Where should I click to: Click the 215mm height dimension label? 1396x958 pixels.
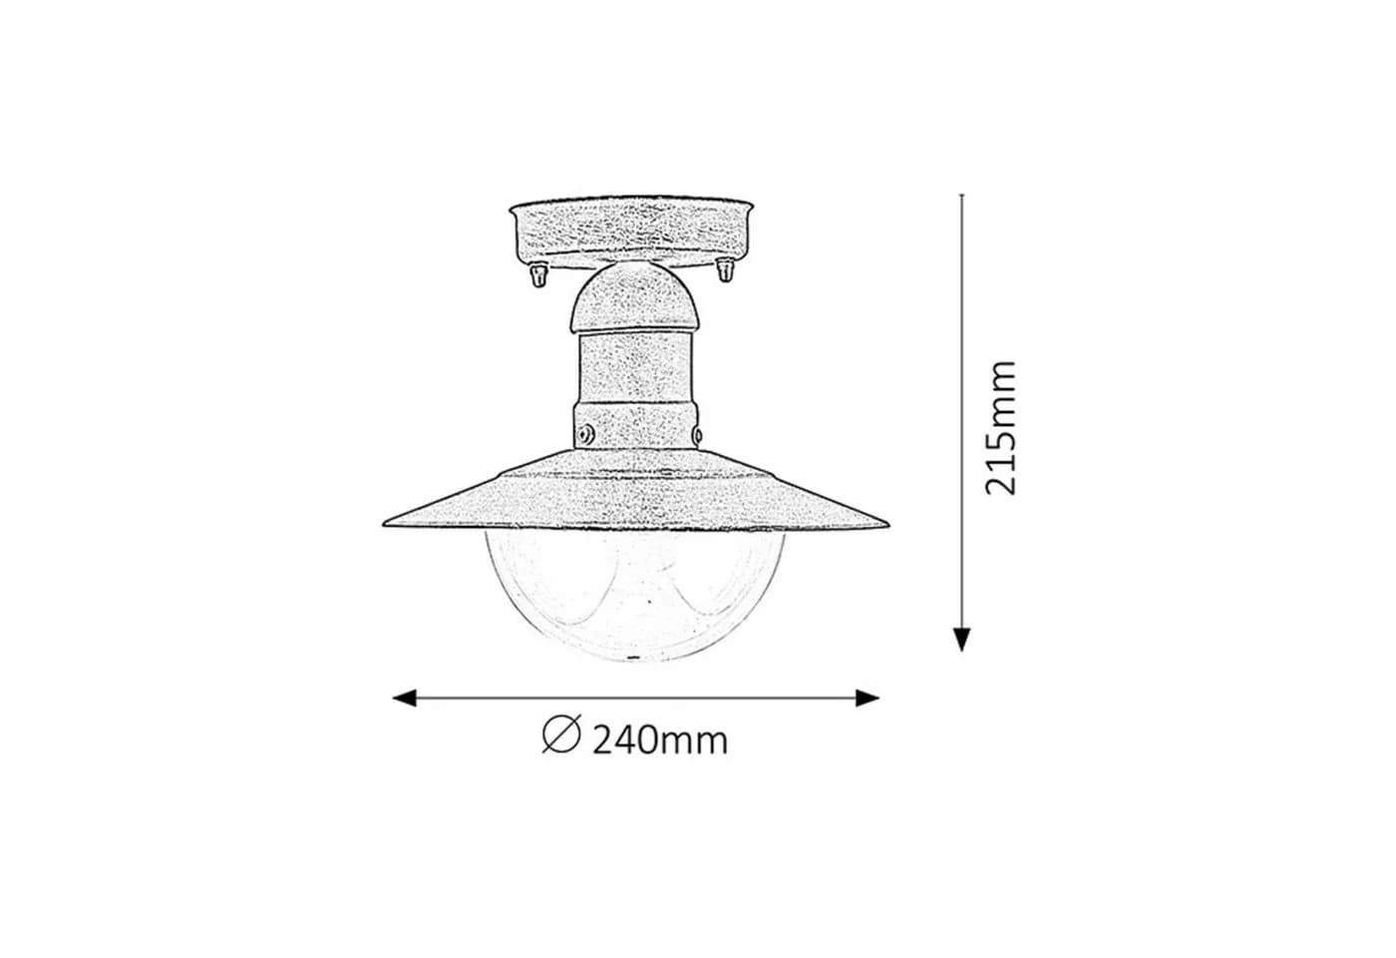pos(1001,428)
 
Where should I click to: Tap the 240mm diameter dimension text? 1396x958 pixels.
pos(660,740)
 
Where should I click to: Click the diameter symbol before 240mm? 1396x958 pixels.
pos(561,733)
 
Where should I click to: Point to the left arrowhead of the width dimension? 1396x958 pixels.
pos(404,698)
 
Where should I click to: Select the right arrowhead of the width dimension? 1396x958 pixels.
pos(868,698)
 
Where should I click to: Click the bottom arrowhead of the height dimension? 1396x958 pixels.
pos(961,640)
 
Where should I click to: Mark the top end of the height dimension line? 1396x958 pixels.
pos(961,195)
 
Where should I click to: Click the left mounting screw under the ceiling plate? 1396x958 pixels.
pos(538,274)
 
